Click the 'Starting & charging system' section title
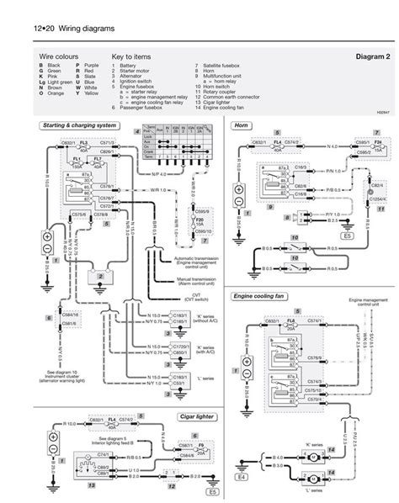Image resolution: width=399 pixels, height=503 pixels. pyautogui.click(x=75, y=125)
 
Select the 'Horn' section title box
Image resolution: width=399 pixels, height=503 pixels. pyautogui.click(x=244, y=125)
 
